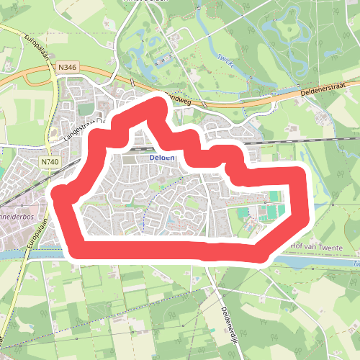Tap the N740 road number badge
point(50,162)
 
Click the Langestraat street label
point(79,127)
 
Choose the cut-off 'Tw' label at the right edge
point(355,264)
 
